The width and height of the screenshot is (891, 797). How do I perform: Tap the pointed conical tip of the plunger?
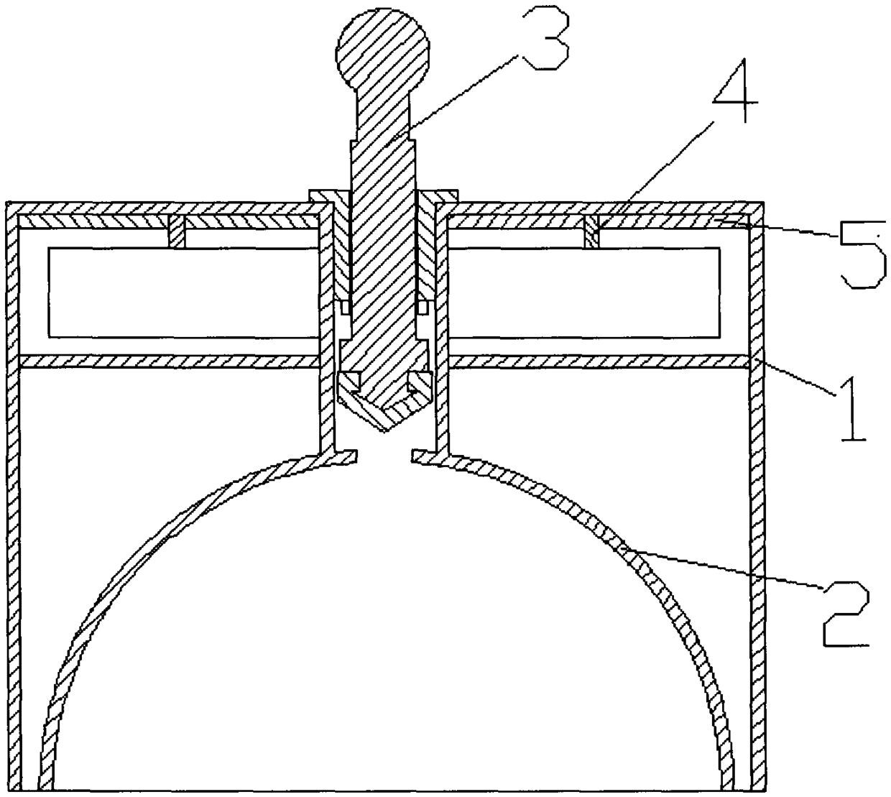[x=386, y=421]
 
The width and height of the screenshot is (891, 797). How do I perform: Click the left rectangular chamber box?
[x=183, y=292]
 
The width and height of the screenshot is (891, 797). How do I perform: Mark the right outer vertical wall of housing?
[x=757, y=503]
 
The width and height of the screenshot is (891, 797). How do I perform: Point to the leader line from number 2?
[x=726, y=568]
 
